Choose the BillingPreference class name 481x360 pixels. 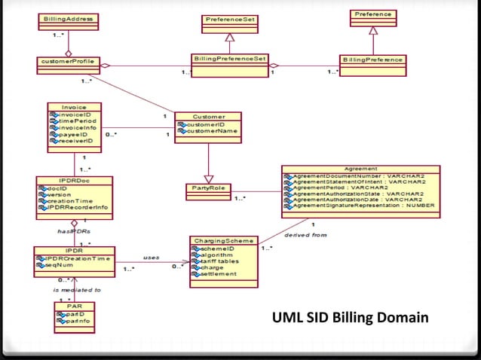click(x=372, y=59)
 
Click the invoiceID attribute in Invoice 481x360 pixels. click(x=71, y=115)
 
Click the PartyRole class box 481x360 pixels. click(x=208, y=188)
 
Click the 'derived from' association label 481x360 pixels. click(x=299, y=235)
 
